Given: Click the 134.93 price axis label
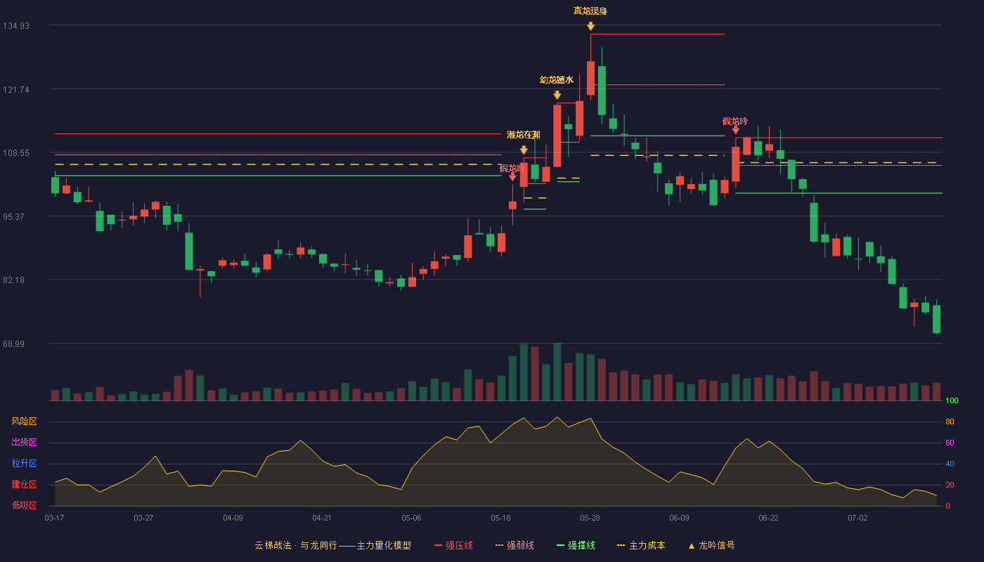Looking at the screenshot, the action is (x=16, y=26).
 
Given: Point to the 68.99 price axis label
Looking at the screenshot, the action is (x=13, y=344).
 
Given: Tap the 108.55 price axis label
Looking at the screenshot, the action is (x=16, y=153).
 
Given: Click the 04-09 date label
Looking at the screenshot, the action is (x=233, y=518).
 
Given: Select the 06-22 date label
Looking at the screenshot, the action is (x=768, y=518).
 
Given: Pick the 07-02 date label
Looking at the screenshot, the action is (x=857, y=518).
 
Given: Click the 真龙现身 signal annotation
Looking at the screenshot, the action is (x=590, y=11).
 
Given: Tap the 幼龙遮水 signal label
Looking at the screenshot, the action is (x=557, y=80).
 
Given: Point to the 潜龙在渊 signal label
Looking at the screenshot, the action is (x=523, y=135).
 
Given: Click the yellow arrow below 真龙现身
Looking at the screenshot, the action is (x=591, y=27).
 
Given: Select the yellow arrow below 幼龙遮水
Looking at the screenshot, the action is (x=557, y=95).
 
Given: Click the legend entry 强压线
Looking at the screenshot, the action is (x=453, y=545).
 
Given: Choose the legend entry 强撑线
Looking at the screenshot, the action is (x=576, y=545).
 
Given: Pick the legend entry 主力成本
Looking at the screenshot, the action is (x=641, y=545).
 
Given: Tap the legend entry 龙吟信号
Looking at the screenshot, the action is (x=711, y=545).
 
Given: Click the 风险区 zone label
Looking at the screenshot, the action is (x=24, y=421).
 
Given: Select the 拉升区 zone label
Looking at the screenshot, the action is (x=24, y=463).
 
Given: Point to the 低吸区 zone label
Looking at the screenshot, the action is (x=24, y=505).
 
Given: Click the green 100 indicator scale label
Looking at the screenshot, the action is (x=952, y=400).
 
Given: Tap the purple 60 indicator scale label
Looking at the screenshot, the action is (x=950, y=443).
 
